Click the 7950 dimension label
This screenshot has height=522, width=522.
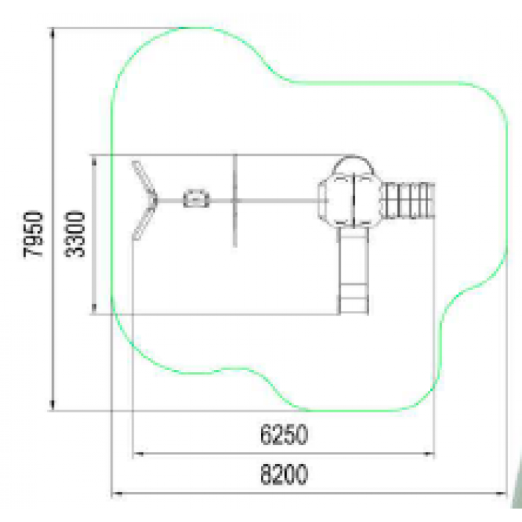pos(34,234)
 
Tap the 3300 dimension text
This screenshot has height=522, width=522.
pos(75,234)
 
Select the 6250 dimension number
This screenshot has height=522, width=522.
pos(283,435)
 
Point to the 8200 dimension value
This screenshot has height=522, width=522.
pos(283,474)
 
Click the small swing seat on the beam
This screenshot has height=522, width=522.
pos(196,198)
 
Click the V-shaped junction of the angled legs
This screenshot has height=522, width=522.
pos(154,200)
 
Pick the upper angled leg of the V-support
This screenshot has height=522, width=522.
pos(144,179)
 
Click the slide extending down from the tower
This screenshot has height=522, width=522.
pos(353,270)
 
